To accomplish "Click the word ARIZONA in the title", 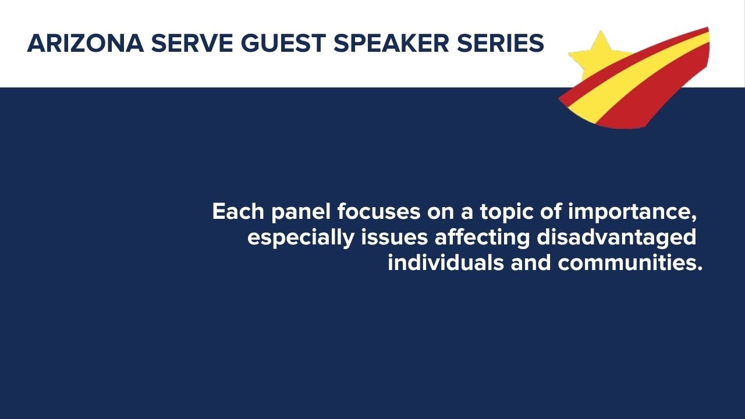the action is point(86,44).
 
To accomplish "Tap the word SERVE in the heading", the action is point(192,44).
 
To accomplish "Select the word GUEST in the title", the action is point(283,44).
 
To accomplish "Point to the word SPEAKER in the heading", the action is point(392,44).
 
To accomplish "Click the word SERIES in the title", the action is point(501,44).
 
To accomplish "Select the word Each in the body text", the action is point(238,211).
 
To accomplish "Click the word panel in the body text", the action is point(301,213).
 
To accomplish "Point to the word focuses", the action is point(379,211).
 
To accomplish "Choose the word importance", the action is point(632,213).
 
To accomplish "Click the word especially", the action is point(301,239).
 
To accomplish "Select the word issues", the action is point(395,237).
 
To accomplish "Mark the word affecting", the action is point(482,239).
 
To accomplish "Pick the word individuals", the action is point(446,262).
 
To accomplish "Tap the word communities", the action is point(627,262).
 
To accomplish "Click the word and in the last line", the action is point(531,262).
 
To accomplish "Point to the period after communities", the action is point(700,269).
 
